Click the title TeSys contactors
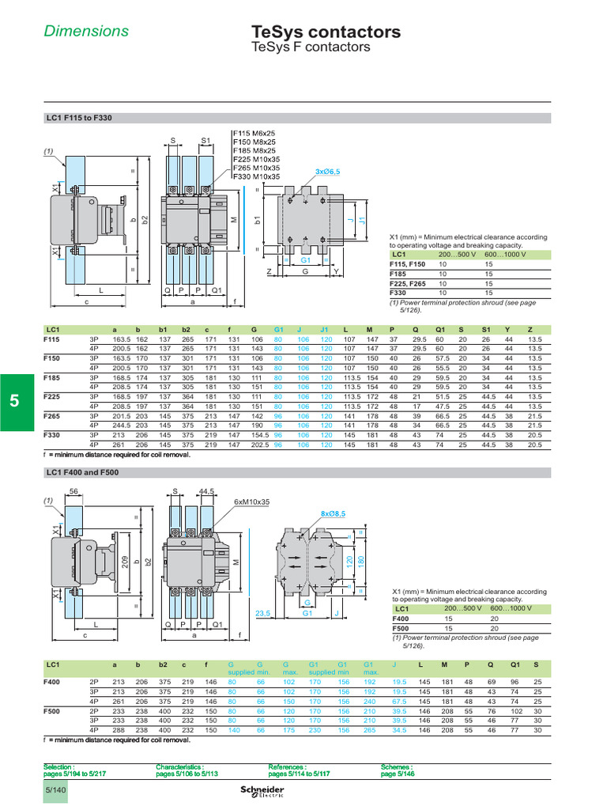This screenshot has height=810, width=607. click(x=325, y=32)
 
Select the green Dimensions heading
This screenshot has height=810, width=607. click(x=86, y=32)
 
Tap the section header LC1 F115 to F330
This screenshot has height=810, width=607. click(x=79, y=118)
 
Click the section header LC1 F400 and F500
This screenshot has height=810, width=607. click(x=83, y=472)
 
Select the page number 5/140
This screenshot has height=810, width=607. click(x=55, y=790)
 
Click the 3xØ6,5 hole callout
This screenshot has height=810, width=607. click(x=328, y=172)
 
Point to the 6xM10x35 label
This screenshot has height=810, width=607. click(x=251, y=502)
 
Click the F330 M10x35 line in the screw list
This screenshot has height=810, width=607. click(x=256, y=176)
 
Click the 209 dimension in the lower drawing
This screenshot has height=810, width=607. click(x=125, y=562)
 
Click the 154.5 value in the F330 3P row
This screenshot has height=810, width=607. click(x=260, y=434)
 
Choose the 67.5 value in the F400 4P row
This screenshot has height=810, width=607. click(x=398, y=700)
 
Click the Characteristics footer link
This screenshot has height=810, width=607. click(x=187, y=770)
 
